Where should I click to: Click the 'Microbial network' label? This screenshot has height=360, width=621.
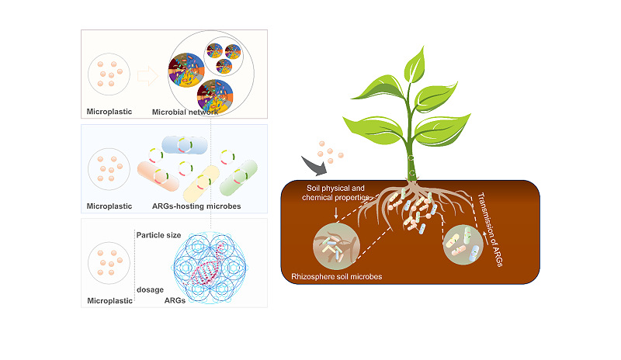pos(185,112)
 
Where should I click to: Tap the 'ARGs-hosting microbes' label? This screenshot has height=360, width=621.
pos(196,206)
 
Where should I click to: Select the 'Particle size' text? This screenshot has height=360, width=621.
pos(158,235)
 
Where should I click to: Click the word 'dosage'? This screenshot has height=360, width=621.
pos(150,289)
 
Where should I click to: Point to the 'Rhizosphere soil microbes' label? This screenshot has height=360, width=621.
pos(337,276)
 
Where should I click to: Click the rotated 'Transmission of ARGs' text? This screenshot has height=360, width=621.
pos(491,230)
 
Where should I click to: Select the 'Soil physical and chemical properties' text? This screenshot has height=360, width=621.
pos(335,192)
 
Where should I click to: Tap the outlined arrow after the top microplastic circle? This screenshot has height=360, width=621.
pos(147,75)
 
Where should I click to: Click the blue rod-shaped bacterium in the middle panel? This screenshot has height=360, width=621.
pos(185,145)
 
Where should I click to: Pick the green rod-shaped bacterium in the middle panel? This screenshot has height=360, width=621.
pos(238,178)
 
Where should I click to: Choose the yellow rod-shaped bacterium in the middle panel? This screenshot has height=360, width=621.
pos(201,184)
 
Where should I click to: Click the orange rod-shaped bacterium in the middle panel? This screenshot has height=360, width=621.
pos(158,176)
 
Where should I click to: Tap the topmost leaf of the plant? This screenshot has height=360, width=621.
pos(415,64)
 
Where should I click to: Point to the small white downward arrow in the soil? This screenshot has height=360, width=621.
pos(336,213)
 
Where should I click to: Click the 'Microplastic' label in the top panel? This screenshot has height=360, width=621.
pos(109,112)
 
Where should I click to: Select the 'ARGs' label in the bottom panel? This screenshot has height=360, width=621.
pos(175,300)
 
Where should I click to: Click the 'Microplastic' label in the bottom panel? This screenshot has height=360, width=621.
pos(109,300)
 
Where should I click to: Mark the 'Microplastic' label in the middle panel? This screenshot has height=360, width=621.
pos(109,206)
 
